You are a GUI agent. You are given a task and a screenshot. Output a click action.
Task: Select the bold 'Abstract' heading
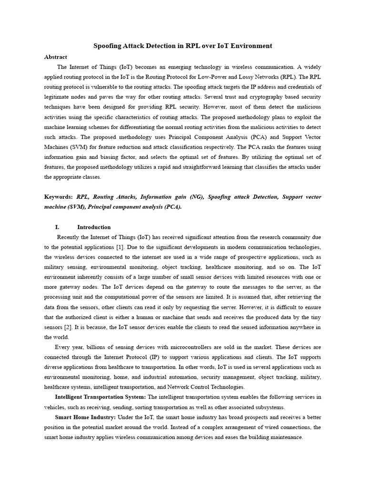(56, 57)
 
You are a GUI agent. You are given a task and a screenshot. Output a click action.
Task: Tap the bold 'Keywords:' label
(59, 196)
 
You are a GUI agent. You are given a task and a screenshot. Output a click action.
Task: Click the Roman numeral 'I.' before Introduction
(58, 227)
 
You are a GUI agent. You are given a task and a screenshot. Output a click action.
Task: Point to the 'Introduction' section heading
(94, 227)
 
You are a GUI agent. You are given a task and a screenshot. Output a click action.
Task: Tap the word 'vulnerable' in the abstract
(112, 87)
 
